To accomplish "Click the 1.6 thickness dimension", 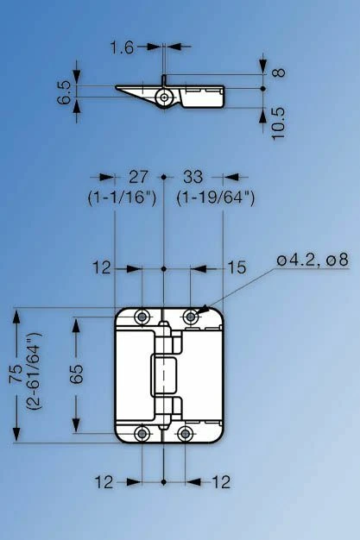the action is pyautogui.click(x=122, y=47).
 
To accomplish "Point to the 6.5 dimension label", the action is pyautogui.click(x=65, y=92).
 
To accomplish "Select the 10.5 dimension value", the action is pyautogui.click(x=279, y=123).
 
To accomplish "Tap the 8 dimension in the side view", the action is pyautogui.click(x=280, y=72).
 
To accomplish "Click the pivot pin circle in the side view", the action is pyautogui.click(x=164, y=97).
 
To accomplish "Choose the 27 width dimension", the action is pyautogui.click(x=138, y=177).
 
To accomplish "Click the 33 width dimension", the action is pyautogui.click(x=193, y=177).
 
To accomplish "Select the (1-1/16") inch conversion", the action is pyautogui.click(x=122, y=198).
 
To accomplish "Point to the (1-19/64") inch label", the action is pyautogui.click(x=216, y=198).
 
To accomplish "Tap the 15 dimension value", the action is pyautogui.click(x=237, y=267).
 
